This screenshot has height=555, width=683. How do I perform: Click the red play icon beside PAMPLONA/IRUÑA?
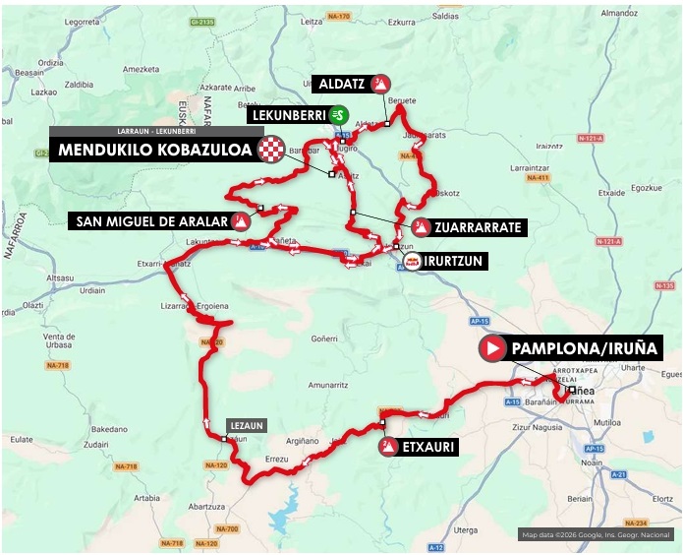click(x=491, y=347)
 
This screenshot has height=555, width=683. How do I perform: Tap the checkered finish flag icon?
click(x=270, y=151)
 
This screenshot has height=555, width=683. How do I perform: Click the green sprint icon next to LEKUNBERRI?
click(x=338, y=114)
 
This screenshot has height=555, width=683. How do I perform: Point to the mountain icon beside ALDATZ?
click(x=380, y=85)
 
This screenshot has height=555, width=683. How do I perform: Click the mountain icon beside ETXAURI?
click(x=389, y=448)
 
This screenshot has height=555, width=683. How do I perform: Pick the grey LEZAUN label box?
click(x=246, y=426)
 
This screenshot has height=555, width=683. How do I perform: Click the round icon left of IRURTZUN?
click(x=414, y=261)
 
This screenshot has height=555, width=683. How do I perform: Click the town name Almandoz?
click(x=647, y=13)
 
